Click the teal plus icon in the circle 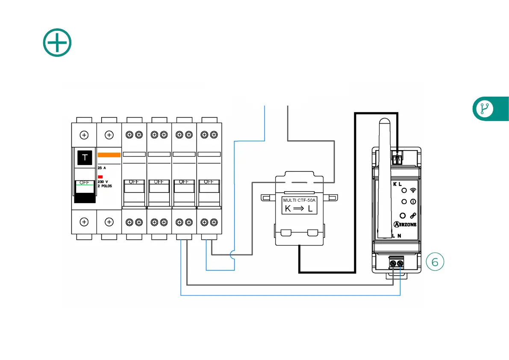tap(57, 42)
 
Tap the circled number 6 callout tap(435, 262)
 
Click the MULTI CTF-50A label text tap(299, 200)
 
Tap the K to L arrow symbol tap(299, 209)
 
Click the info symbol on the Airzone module tap(413, 201)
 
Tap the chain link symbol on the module tap(413, 216)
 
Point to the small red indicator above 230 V tap(100, 176)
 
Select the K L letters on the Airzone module tap(397, 184)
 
